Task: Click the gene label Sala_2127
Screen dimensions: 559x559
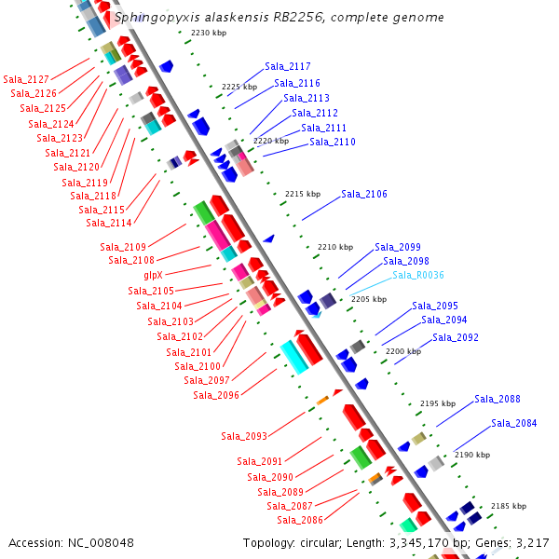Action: click(26, 79)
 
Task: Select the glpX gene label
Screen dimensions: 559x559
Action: click(153, 275)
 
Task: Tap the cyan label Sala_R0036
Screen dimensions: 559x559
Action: click(418, 275)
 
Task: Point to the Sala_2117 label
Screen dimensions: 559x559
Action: click(288, 66)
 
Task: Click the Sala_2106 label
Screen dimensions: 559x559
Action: click(364, 194)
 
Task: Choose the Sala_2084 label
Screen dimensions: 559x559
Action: click(514, 423)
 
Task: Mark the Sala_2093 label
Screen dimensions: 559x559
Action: click(244, 436)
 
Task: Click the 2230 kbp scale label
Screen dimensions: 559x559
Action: click(209, 34)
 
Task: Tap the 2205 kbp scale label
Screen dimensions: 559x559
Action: click(368, 299)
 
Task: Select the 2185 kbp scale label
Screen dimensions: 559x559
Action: click(508, 506)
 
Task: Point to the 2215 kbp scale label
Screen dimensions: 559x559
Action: click(302, 194)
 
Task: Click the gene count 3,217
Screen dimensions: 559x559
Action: click(530, 542)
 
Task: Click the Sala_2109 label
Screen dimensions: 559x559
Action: click(123, 247)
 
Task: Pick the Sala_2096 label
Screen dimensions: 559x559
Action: click(216, 395)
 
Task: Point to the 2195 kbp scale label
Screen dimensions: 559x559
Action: click(438, 403)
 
